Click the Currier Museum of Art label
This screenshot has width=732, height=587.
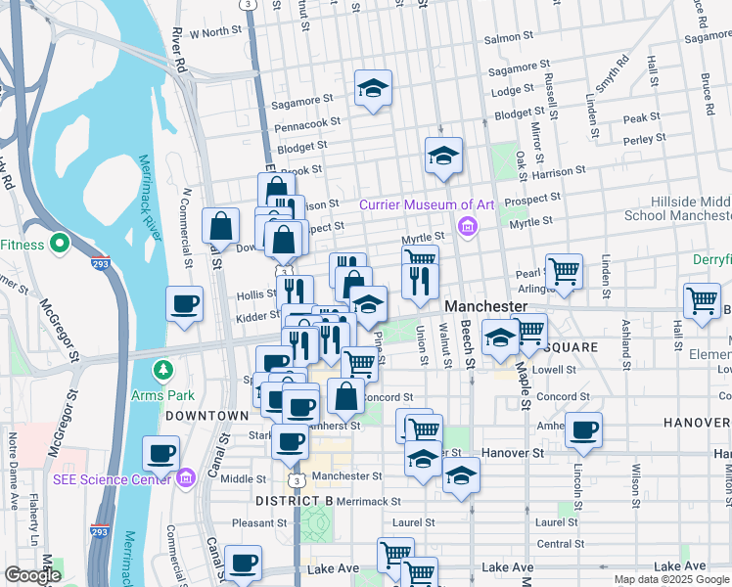click(427, 204)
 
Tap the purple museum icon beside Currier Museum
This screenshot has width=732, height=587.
click(467, 229)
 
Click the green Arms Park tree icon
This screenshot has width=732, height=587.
click(163, 371)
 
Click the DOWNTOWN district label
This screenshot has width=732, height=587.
click(206, 416)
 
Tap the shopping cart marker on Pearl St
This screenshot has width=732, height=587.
click(565, 271)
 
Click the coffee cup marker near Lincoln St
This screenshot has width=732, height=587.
click(584, 430)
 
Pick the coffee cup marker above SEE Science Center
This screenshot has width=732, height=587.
click(161, 454)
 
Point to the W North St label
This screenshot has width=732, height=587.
click(215, 32)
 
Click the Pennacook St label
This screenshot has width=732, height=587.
click(307, 125)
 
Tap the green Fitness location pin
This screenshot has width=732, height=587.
click(58, 243)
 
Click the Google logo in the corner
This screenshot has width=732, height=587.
click(33, 575)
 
